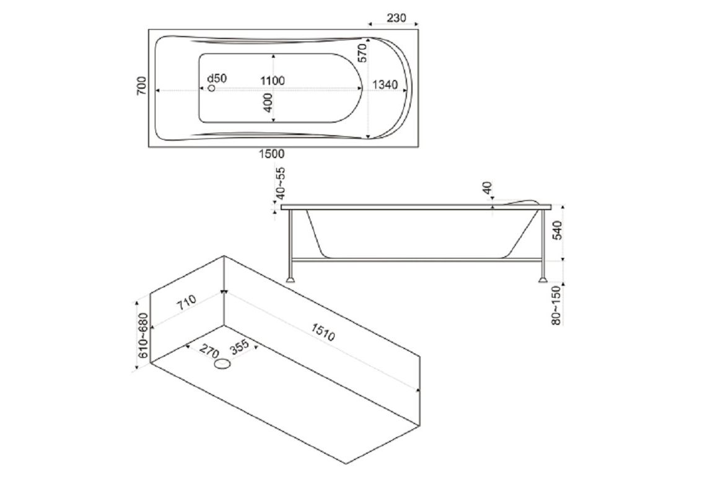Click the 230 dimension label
pyautogui.click(x=396, y=18)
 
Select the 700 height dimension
pyautogui.click(x=142, y=86)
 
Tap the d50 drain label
pyautogui.click(x=217, y=78)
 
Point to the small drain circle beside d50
pyautogui.click(x=212, y=89)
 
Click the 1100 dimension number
pyautogui.click(x=272, y=80)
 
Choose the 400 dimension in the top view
pyautogui.click(x=268, y=102)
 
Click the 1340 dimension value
pyautogui.click(x=385, y=85)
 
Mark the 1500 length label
pyautogui.click(x=272, y=154)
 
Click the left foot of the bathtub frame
pyautogui.click(x=290, y=279)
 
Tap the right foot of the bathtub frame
pyautogui.click(x=543, y=279)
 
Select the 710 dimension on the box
pyautogui.click(x=186, y=302)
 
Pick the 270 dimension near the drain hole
pyautogui.click(x=209, y=351)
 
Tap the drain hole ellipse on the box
pyautogui.click(x=222, y=365)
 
